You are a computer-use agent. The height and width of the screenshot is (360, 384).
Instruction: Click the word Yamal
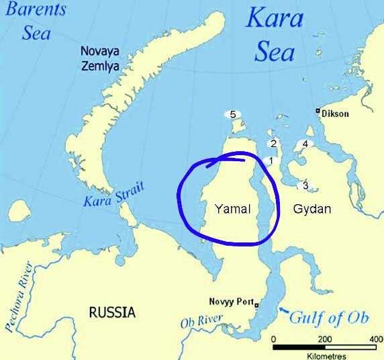[x=232, y=209]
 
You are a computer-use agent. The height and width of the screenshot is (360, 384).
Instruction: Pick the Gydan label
[x=312, y=209]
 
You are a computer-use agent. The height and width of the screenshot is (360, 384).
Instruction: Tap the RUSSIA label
[x=112, y=312]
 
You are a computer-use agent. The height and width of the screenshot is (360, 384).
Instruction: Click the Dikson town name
[x=336, y=114]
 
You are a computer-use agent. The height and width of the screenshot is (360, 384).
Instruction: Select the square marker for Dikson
[x=318, y=111]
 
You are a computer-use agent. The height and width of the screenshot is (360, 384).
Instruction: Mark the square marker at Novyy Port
[x=256, y=304]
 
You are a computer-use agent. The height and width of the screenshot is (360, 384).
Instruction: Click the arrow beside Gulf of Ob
[x=284, y=310]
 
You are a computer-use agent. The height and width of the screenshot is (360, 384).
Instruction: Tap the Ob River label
[x=201, y=322]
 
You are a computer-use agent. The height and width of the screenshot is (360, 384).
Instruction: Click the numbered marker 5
[x=232, y=114]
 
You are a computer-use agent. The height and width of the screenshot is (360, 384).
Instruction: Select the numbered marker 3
[x=305, y=185]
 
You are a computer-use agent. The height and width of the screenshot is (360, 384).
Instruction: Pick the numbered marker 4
[x=305, y=144]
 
